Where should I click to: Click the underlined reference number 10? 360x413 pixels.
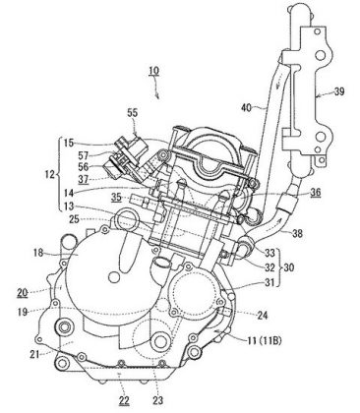point(154,71)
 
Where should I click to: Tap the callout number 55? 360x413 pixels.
point(133,113)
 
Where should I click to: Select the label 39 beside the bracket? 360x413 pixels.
point(339,91)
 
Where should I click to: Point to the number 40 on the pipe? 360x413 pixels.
point(247,107)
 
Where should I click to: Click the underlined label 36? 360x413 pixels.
point(316,193)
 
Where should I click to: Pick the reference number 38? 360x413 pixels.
point(297,234)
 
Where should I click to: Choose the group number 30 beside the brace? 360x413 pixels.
point(288,267)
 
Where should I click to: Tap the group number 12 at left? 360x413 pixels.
point(50,175)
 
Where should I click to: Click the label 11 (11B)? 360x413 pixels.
point(264,341)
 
